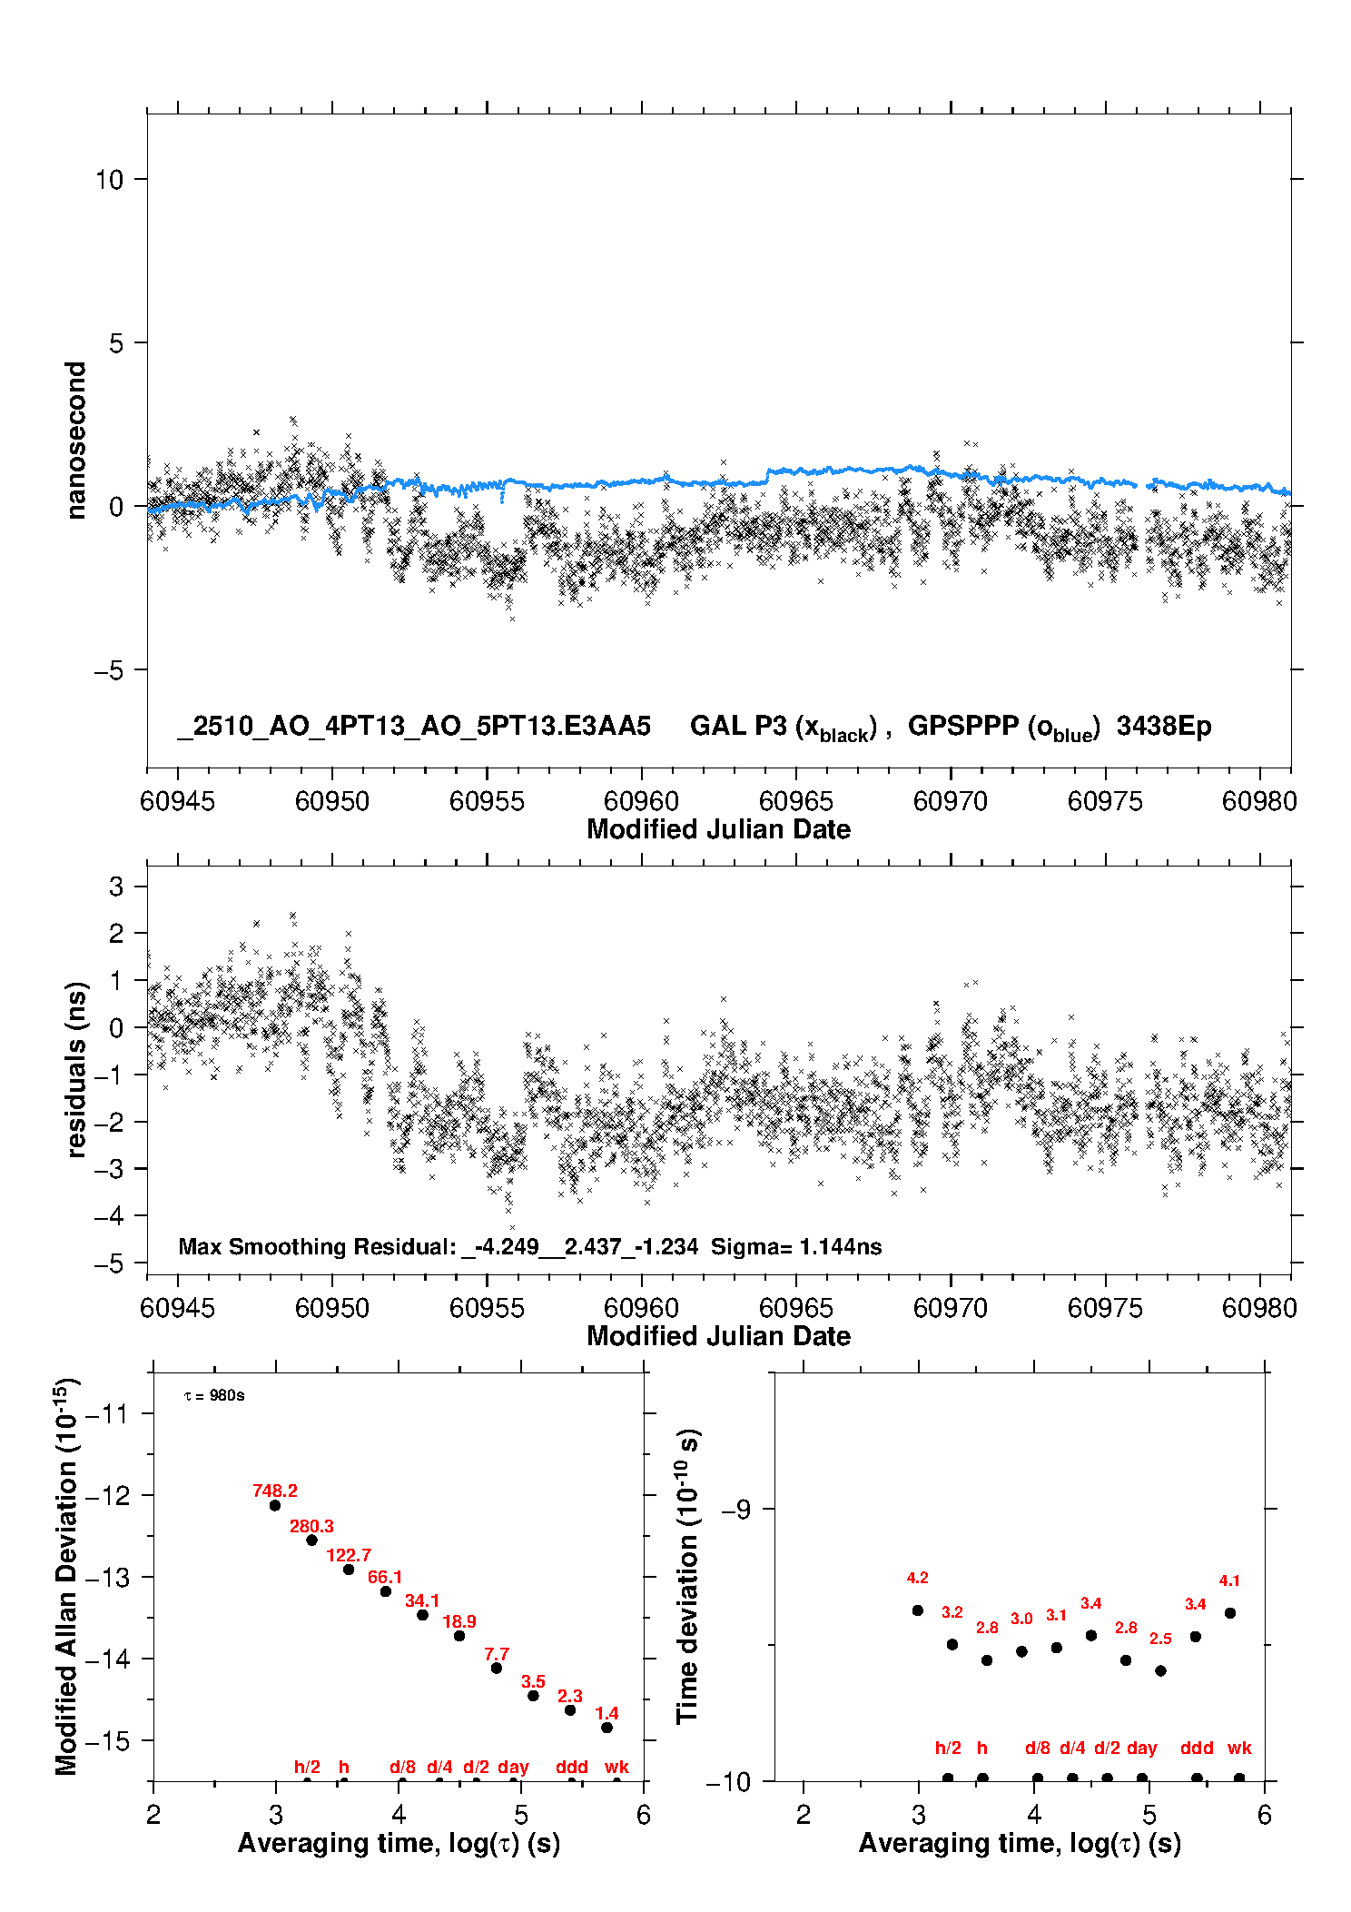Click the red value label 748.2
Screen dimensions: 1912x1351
pos(274,1491)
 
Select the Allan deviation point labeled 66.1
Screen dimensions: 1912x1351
pos(386,1591)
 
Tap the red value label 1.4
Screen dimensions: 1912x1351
pos(606,1713)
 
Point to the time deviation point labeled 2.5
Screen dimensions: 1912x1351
pos(1160,1670)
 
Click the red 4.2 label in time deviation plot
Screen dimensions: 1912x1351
pos(917,1578)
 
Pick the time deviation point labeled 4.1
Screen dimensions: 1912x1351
pos(1230,1613)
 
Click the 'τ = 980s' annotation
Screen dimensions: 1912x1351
pos(214,1395)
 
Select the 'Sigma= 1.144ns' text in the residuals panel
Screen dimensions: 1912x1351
pos(796,1246)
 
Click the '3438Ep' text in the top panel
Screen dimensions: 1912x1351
pos(1164,726)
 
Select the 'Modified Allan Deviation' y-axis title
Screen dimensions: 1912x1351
pos(65,1576)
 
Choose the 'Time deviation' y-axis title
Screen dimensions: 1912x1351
pos(687,1576)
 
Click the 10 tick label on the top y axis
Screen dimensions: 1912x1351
pos(109,180)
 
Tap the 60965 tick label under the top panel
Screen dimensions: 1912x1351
pos(796,801)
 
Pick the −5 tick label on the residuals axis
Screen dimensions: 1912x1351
pos(108,1263)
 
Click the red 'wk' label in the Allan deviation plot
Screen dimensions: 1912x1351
pos(616,1767)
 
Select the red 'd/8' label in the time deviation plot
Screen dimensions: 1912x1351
pos(1037,1748)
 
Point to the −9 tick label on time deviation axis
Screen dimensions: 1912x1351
pos(735,1510)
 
